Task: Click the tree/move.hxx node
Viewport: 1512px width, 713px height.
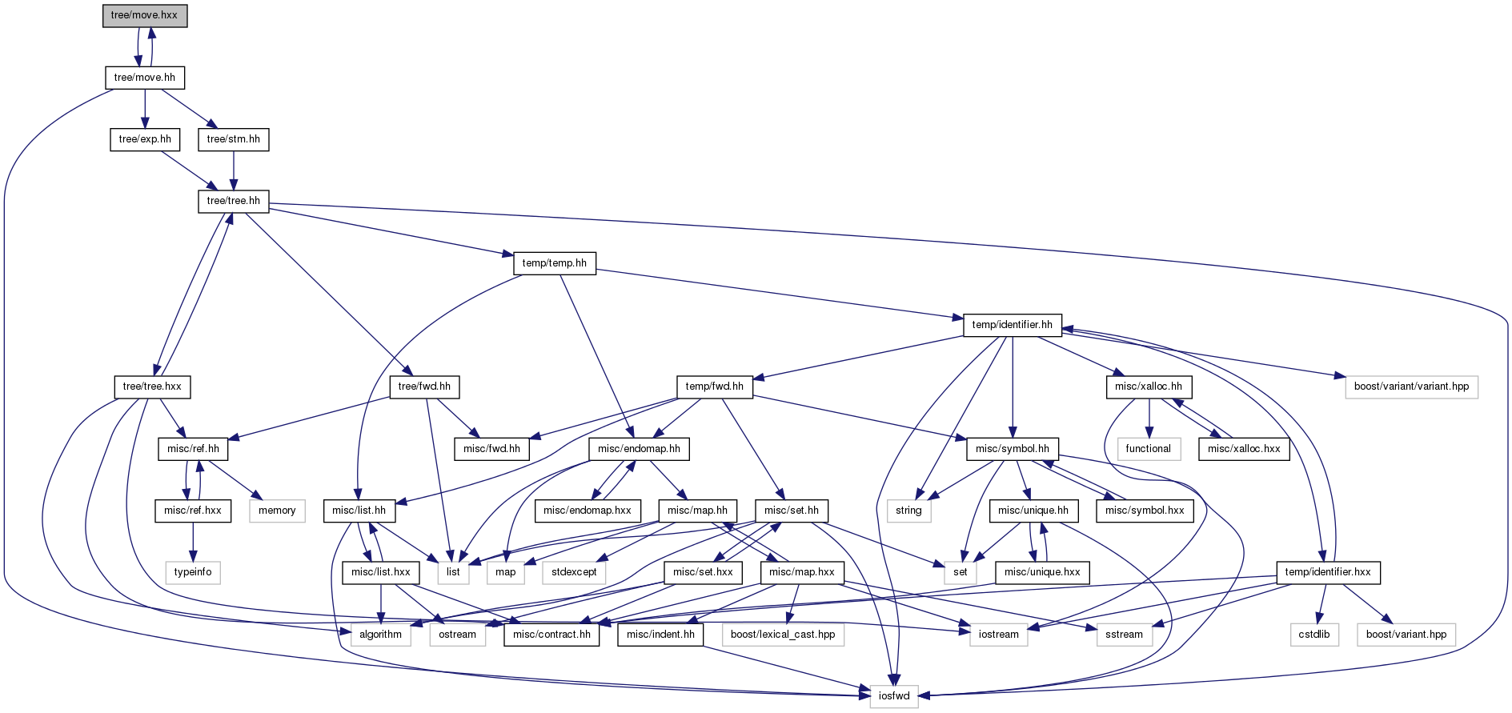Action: coord(145,15)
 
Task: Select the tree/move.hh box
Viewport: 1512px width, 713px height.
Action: coord(145,78)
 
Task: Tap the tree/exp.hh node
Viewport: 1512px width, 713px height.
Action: coord(145,139)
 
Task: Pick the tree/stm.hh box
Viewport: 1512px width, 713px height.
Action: coord(234,139)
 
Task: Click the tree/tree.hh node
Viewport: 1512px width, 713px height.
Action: coord(234,201)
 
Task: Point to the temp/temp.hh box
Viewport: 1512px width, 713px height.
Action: coord(555,263)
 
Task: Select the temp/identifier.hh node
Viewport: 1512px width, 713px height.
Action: coord(1013,325)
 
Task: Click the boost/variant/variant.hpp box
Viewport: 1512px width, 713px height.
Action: coord(1412,387)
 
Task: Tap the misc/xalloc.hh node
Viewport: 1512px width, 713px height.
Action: coord(1149,387)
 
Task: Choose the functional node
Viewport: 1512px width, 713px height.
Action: coord(1149,449)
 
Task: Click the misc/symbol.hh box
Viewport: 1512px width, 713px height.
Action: coord(1013,449)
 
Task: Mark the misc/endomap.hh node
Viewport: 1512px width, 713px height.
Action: coord(640,449)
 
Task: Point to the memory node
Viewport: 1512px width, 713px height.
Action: coord(278,511)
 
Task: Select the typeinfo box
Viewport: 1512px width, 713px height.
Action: coord(193,572)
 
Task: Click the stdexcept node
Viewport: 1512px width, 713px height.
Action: coord(575,572)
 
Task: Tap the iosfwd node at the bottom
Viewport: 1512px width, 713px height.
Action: coord(895,696)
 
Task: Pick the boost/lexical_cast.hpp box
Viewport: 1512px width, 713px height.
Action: coord(783,635)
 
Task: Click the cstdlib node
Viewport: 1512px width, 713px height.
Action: coord(1315,635)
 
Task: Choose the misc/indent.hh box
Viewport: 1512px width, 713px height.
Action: coord(661,635)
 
